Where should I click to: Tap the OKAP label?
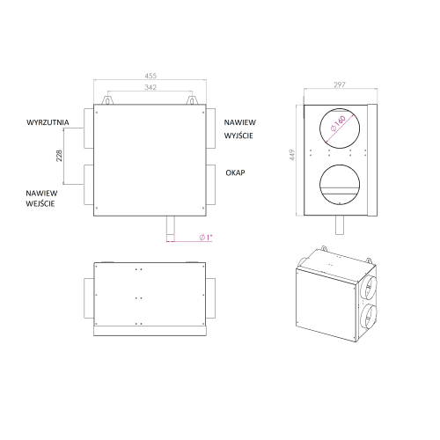click(x=234, y=172)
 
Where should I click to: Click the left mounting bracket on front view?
click(x=108, y=101)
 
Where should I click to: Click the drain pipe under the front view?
click(x=170, y=230)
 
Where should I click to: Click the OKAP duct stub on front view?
click(x=212, y=179)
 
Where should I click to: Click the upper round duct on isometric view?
click(x=369, y=290)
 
